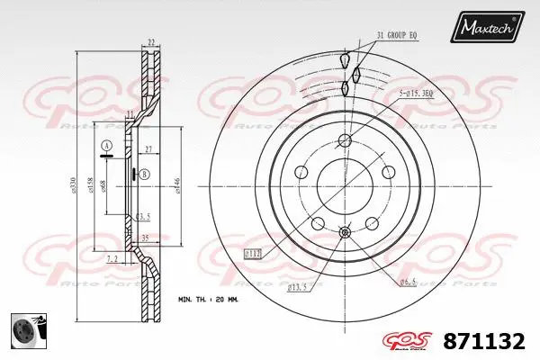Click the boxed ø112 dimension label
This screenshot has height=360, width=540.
tap(255, 254)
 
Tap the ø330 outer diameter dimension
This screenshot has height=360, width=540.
tap(74, 184)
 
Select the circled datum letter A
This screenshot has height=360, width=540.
tap(106, 146)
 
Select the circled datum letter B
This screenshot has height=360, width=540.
tap(144, 174)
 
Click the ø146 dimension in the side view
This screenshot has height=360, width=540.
tap(176, 184)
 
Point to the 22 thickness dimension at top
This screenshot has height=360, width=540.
tap(151, 41)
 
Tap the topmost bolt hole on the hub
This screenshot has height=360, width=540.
tap(346, 139)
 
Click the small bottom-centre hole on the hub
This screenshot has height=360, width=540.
tap(346, 233)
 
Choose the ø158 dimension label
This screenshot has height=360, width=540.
tap(90, 184)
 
